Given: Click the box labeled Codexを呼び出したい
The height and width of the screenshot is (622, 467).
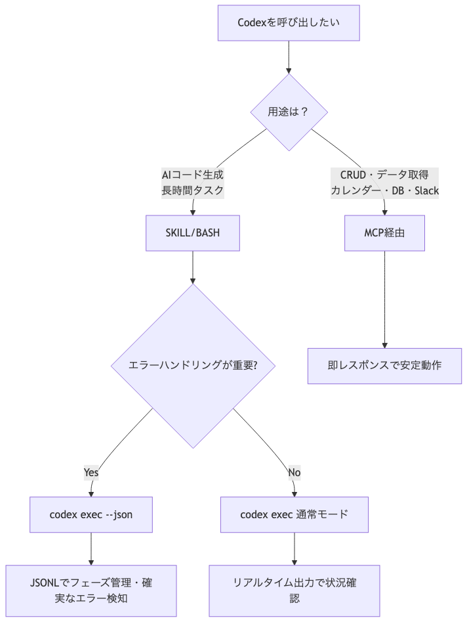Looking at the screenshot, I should (x=289, y=22).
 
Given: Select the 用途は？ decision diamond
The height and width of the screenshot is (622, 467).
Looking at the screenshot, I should (x=289, y=112).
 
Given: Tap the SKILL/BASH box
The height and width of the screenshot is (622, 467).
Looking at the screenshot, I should (x=192, y=234).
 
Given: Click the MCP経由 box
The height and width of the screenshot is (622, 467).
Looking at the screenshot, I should (x=384, y=234).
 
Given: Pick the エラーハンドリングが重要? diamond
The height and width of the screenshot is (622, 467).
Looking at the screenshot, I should (x=192, y=366).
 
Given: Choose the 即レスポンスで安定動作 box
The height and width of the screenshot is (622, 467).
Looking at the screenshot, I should (x=384, y=366).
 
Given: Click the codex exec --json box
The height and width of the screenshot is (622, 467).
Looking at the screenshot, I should (x=91, y=514).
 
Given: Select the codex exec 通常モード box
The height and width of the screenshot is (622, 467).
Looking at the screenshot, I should (x=294, y=514).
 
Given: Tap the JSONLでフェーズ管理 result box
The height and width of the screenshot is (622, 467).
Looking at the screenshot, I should (x=91, y=590).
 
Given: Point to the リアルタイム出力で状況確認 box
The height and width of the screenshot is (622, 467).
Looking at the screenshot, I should (x=294, y=590).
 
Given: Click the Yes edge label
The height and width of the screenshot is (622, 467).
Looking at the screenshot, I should (x=91, y=472).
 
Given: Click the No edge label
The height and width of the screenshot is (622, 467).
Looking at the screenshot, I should (x=294, y=472).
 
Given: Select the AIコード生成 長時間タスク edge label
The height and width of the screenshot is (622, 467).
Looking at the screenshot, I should (x=192, y=183).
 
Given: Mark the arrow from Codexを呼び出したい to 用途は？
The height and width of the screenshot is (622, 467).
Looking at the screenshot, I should (x=289, y=56).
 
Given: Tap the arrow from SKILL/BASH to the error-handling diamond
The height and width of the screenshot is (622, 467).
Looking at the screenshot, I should (x=192, y=267).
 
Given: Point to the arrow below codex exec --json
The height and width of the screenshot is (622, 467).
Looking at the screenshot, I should (x=91, y=548).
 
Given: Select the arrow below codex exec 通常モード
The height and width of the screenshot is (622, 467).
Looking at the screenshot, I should (x=294, y=548).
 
